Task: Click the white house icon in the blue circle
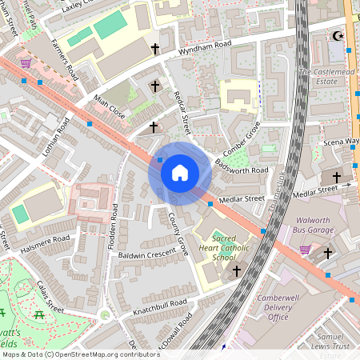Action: click(x=179, y=173)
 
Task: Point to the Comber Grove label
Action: click(x=242, y=138)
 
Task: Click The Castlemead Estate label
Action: click(x=326, y=77)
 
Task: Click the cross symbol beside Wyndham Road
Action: click(x=155, y=50)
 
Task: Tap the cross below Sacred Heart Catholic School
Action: click(x=237, y=271)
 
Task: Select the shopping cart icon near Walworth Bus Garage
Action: click(x=305, y=250)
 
